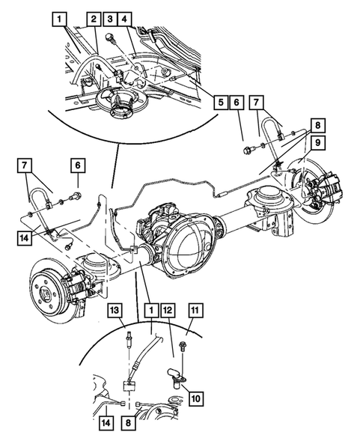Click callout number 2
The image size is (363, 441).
tap(94, 18)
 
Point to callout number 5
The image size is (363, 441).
tap(219, 101)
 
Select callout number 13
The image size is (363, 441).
tap(115, 311)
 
